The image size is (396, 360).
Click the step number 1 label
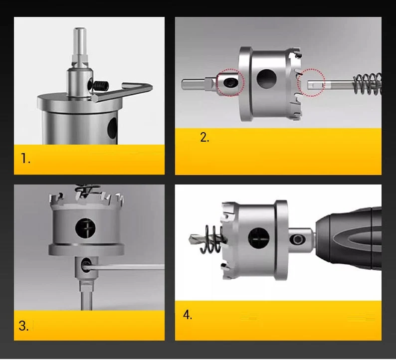point(25,159)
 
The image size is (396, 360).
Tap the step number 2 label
point(204,137)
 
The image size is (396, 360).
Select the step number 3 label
point(24,326)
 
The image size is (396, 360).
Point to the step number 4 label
point(188,315)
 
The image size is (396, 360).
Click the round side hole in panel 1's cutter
point(113,128)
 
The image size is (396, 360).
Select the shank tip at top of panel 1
point(80,30)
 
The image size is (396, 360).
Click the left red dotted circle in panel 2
point(230,83)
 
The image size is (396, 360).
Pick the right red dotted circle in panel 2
point(311,83)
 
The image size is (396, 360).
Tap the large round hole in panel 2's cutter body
point(266,79)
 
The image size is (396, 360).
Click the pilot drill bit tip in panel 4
point(191,238)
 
